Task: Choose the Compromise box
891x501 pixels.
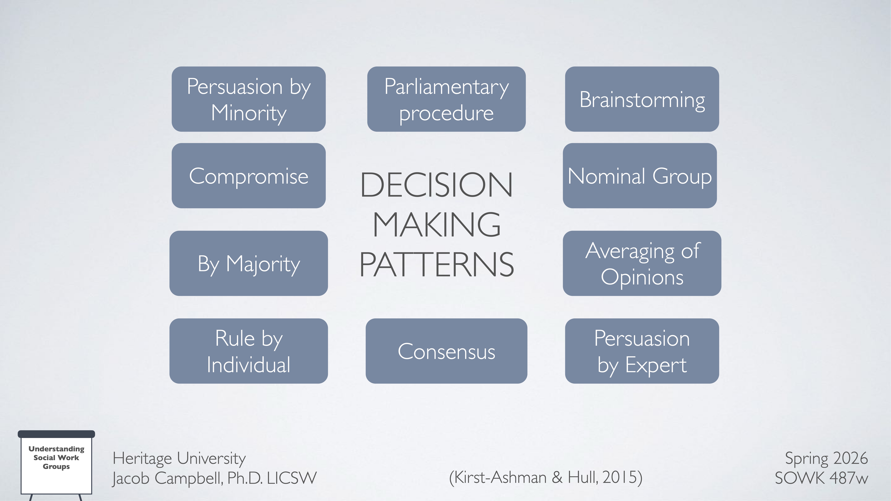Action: pyautogui.click(x=248, y=176)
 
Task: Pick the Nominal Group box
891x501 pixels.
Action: pyautogui.click(x=640, y=176)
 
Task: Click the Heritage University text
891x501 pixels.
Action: pyautogui.click(x=179, y=458)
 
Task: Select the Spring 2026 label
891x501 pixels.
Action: pyautogui.click(x=826, y=458)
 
